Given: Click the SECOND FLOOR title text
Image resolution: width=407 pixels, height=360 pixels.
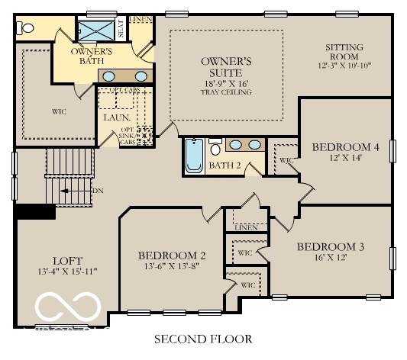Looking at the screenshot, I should tap(203, 338).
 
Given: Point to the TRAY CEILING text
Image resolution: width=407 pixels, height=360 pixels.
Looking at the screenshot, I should tap(227, 92).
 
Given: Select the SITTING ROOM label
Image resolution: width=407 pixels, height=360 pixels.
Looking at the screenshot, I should tap(344, 52).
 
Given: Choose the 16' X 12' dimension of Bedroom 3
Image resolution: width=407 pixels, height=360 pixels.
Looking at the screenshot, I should tap(331, 259).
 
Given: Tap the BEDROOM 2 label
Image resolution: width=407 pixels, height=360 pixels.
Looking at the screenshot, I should tap(172, 256).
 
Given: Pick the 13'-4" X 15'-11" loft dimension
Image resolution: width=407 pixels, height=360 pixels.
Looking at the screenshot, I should tap(65, 272).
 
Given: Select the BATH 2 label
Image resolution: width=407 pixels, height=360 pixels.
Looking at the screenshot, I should tap(225, 166).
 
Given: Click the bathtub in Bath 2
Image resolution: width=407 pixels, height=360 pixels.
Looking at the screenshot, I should tap(194, 157).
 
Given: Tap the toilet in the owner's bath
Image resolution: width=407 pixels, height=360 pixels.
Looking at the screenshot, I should tap(27, 27).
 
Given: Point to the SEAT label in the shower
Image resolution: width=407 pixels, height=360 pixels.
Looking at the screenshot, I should tap(121, 29).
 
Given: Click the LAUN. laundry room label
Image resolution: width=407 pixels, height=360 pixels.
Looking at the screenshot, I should tap(115, 117).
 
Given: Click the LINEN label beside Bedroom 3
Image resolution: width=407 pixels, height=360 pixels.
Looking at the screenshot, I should tap(245, 228).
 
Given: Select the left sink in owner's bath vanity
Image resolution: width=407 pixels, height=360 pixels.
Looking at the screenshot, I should tap(111, 76).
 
